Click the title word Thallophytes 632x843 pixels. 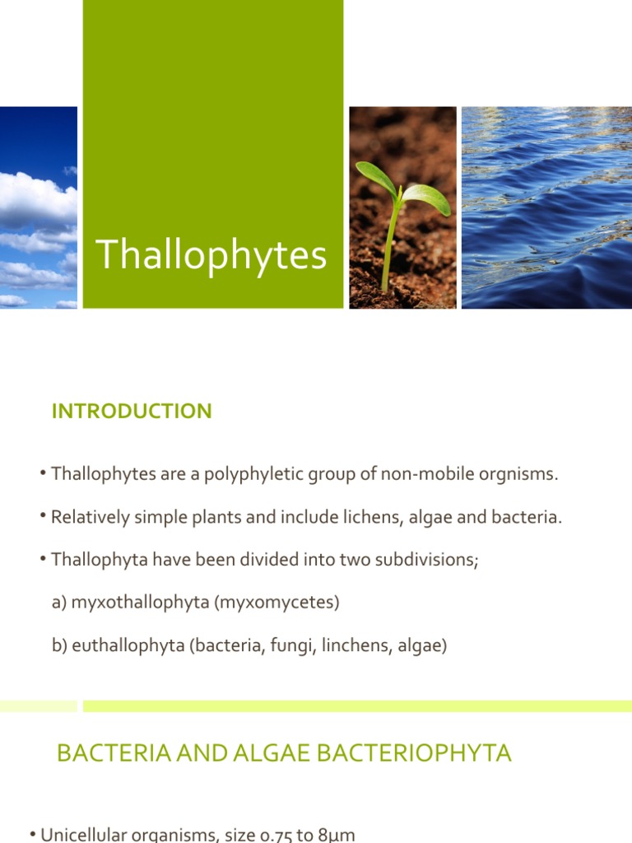[211, 255]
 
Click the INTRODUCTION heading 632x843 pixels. [132, 411]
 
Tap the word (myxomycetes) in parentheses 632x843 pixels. [276, 603]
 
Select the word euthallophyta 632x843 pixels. [128, 645]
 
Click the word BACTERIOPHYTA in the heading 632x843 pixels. [414, 752]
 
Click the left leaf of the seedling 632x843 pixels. [376, 178]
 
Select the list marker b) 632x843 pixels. [59, 645]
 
